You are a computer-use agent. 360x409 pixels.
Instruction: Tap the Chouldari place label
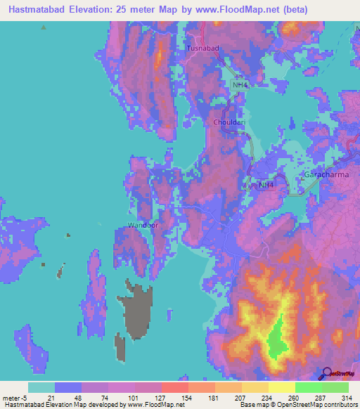(229, 122)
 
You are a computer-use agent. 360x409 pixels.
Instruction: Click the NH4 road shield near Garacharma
(265, 186)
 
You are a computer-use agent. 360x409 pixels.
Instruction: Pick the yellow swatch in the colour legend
(281, 387)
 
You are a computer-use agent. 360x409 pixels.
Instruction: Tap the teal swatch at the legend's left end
(41, 387)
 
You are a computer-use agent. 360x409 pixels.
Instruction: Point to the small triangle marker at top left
(44, 27)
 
